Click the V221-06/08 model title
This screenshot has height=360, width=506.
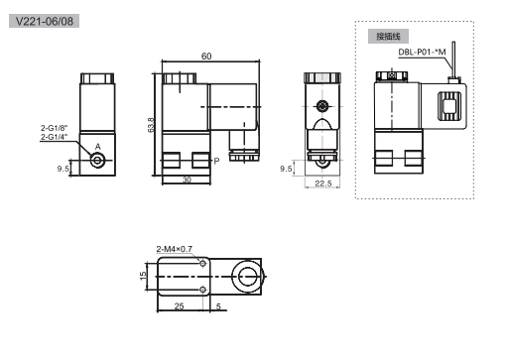point(44,21)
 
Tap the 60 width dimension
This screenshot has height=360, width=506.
point(206,57)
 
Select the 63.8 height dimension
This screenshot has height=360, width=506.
point(151,125)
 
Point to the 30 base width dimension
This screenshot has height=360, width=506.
point(187,180)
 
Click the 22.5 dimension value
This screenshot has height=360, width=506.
point(323,183)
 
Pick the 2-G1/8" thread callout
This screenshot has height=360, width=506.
point(55,128)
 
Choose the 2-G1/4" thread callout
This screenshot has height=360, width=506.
point(55,137)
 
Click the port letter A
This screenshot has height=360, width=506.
point(98,147)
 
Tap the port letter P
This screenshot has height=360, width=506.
point(216,161)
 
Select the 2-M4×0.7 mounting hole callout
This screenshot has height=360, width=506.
point(175,249)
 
